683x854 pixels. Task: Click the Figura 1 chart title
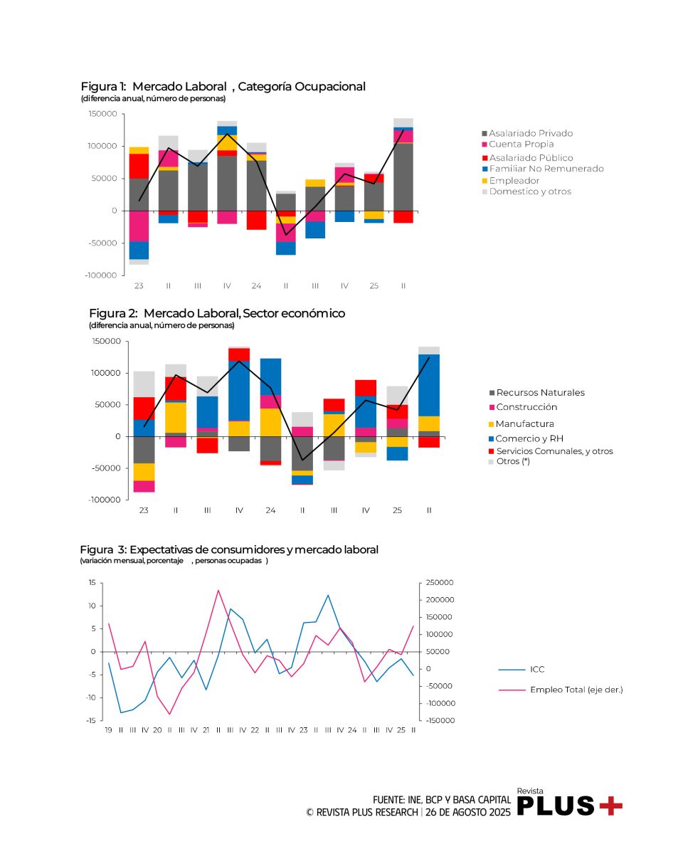(223, 87)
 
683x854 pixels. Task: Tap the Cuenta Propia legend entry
(521, 144)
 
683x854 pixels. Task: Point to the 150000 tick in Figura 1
(103, 114)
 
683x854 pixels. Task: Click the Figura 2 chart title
(216, 314)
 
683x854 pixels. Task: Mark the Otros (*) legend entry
(513, 461)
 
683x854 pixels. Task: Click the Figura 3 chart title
(229, 550)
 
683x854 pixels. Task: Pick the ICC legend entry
(537, 670)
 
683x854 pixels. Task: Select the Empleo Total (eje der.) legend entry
(576, 690)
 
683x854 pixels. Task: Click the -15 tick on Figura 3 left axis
(91, 721)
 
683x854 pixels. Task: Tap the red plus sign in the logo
(610, 806)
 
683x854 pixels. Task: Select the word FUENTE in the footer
(388, 800)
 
